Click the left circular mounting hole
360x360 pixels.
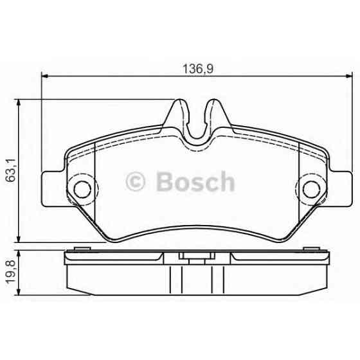82,189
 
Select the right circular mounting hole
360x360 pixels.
311,189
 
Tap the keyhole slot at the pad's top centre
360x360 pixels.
197,125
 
